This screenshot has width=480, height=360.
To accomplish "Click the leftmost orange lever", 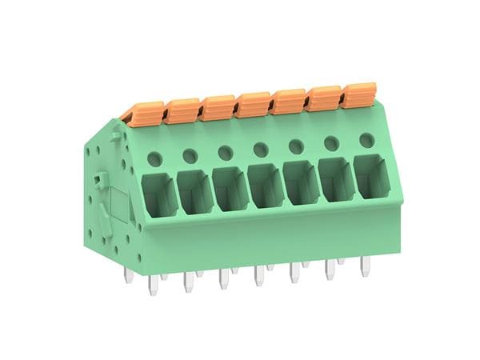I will pyautogui.click(x=146, y=113).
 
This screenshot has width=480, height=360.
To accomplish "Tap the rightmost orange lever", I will pyautogui.click(x=358, y=94).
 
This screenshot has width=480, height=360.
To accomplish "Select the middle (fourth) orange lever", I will pyautogui.click(x=254, y=104).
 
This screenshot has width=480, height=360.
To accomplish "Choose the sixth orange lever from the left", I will pyautogui.click(x=324, y=98).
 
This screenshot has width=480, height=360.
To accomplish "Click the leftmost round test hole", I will pyautogui.click(x=154, y=159).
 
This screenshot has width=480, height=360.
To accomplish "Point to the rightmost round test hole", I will pyautogui.click(x=366, y=141).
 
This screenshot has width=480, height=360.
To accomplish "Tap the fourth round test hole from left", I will pyautogui.click(x=260, y=150).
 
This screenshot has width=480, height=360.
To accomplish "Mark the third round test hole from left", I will pyautogui.click(x=225, y=153).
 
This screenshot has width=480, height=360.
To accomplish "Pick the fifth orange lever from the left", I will pyautogui.click(x=289, y=101).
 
